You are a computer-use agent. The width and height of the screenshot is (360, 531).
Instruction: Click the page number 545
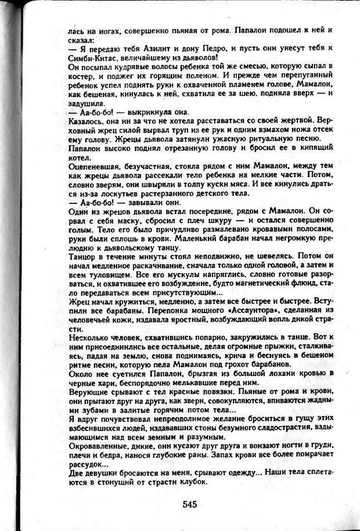tap(189, 504)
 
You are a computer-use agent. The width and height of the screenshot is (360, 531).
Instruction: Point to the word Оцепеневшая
tap(93, 166)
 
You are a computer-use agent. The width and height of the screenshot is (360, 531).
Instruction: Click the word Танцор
tap(82, 256)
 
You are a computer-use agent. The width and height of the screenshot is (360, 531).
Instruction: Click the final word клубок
tap(190, 482)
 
